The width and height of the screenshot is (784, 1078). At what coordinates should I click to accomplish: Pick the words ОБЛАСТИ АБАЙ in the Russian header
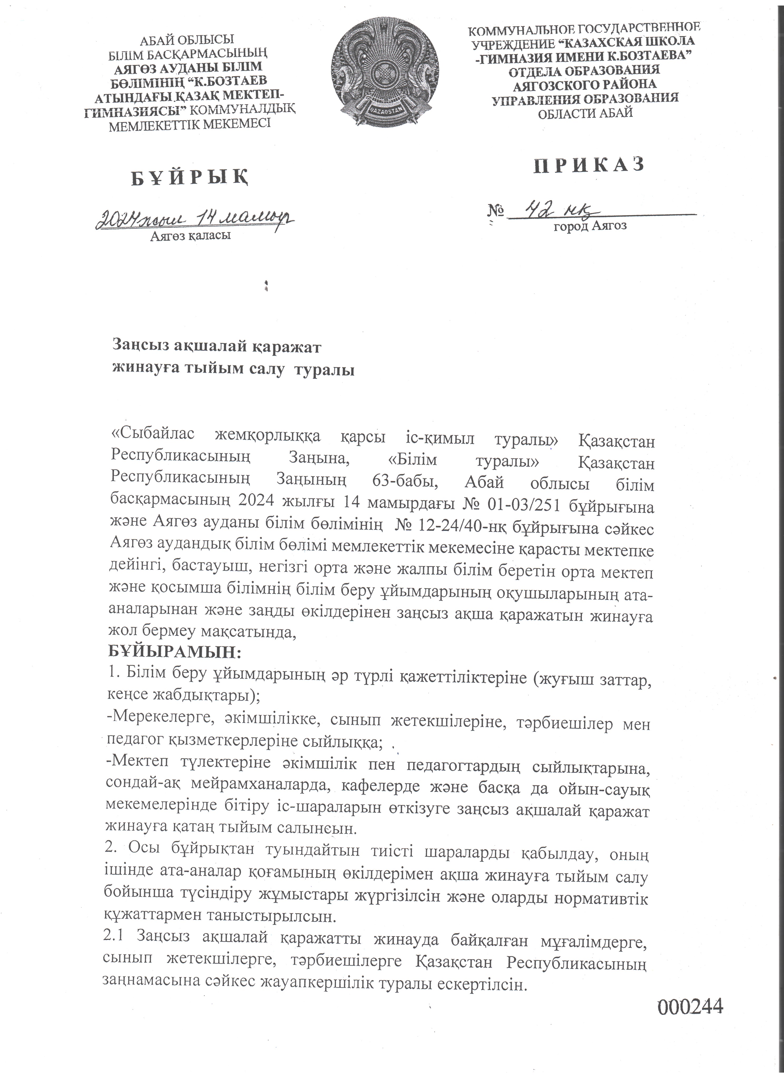coord(585,113)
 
